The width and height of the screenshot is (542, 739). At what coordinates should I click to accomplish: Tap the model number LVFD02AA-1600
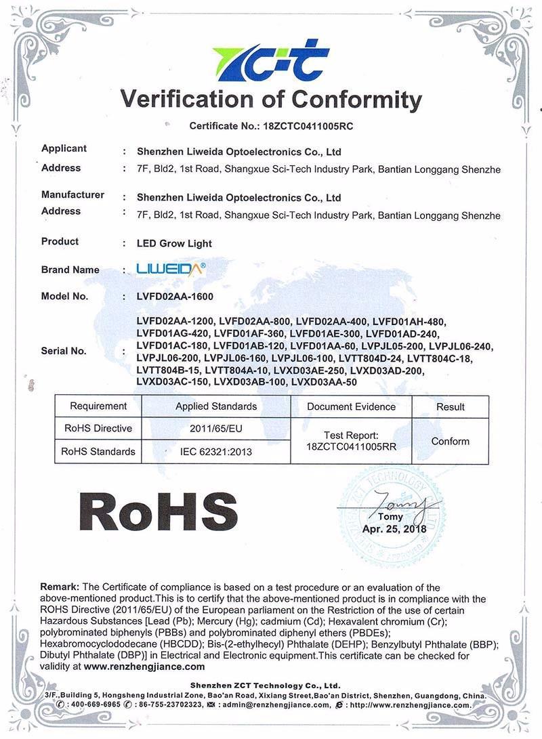pyautogui.click(x=175, y=297)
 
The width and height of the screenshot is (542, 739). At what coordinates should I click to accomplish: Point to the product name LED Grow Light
pyautogui.click(x=174, y=243)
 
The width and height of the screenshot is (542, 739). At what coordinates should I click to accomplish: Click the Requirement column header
pyautogui.click(x=98, y=406)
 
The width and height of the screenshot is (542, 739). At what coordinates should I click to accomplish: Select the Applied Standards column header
pyautogui.click(x=216, y=406)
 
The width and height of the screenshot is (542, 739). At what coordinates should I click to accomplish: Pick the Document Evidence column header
pyautogui.click(x=351, y=406)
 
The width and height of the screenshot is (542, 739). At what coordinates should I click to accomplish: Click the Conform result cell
pyautogui.click(x=450, y=441)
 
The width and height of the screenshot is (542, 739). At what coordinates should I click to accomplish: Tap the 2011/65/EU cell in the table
pyautogui.click(x=216, y=429)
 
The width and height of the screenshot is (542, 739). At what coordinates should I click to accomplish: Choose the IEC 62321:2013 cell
pyautogui.click(x=216, y=452)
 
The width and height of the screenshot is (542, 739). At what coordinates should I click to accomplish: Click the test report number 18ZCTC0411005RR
pyautogui.click(x=351, y=447)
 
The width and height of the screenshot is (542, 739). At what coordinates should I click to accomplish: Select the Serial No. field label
pyautogui.click(x=64, y=351)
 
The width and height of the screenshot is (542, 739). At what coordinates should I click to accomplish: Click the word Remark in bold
pyautogui.click(x=60, y=587)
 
